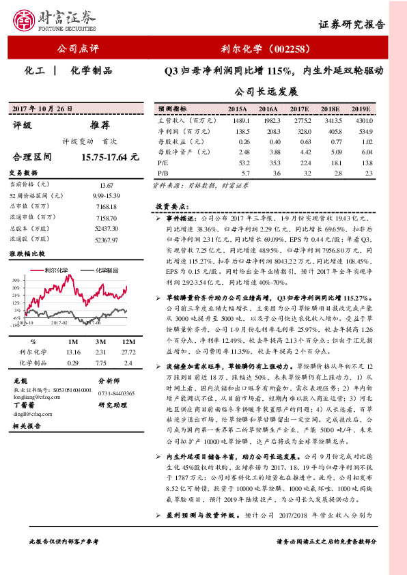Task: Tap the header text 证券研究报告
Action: (x=352, y=23)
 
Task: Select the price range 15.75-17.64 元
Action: (x=109, y=156)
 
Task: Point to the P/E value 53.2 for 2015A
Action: (x=238, y=163)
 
